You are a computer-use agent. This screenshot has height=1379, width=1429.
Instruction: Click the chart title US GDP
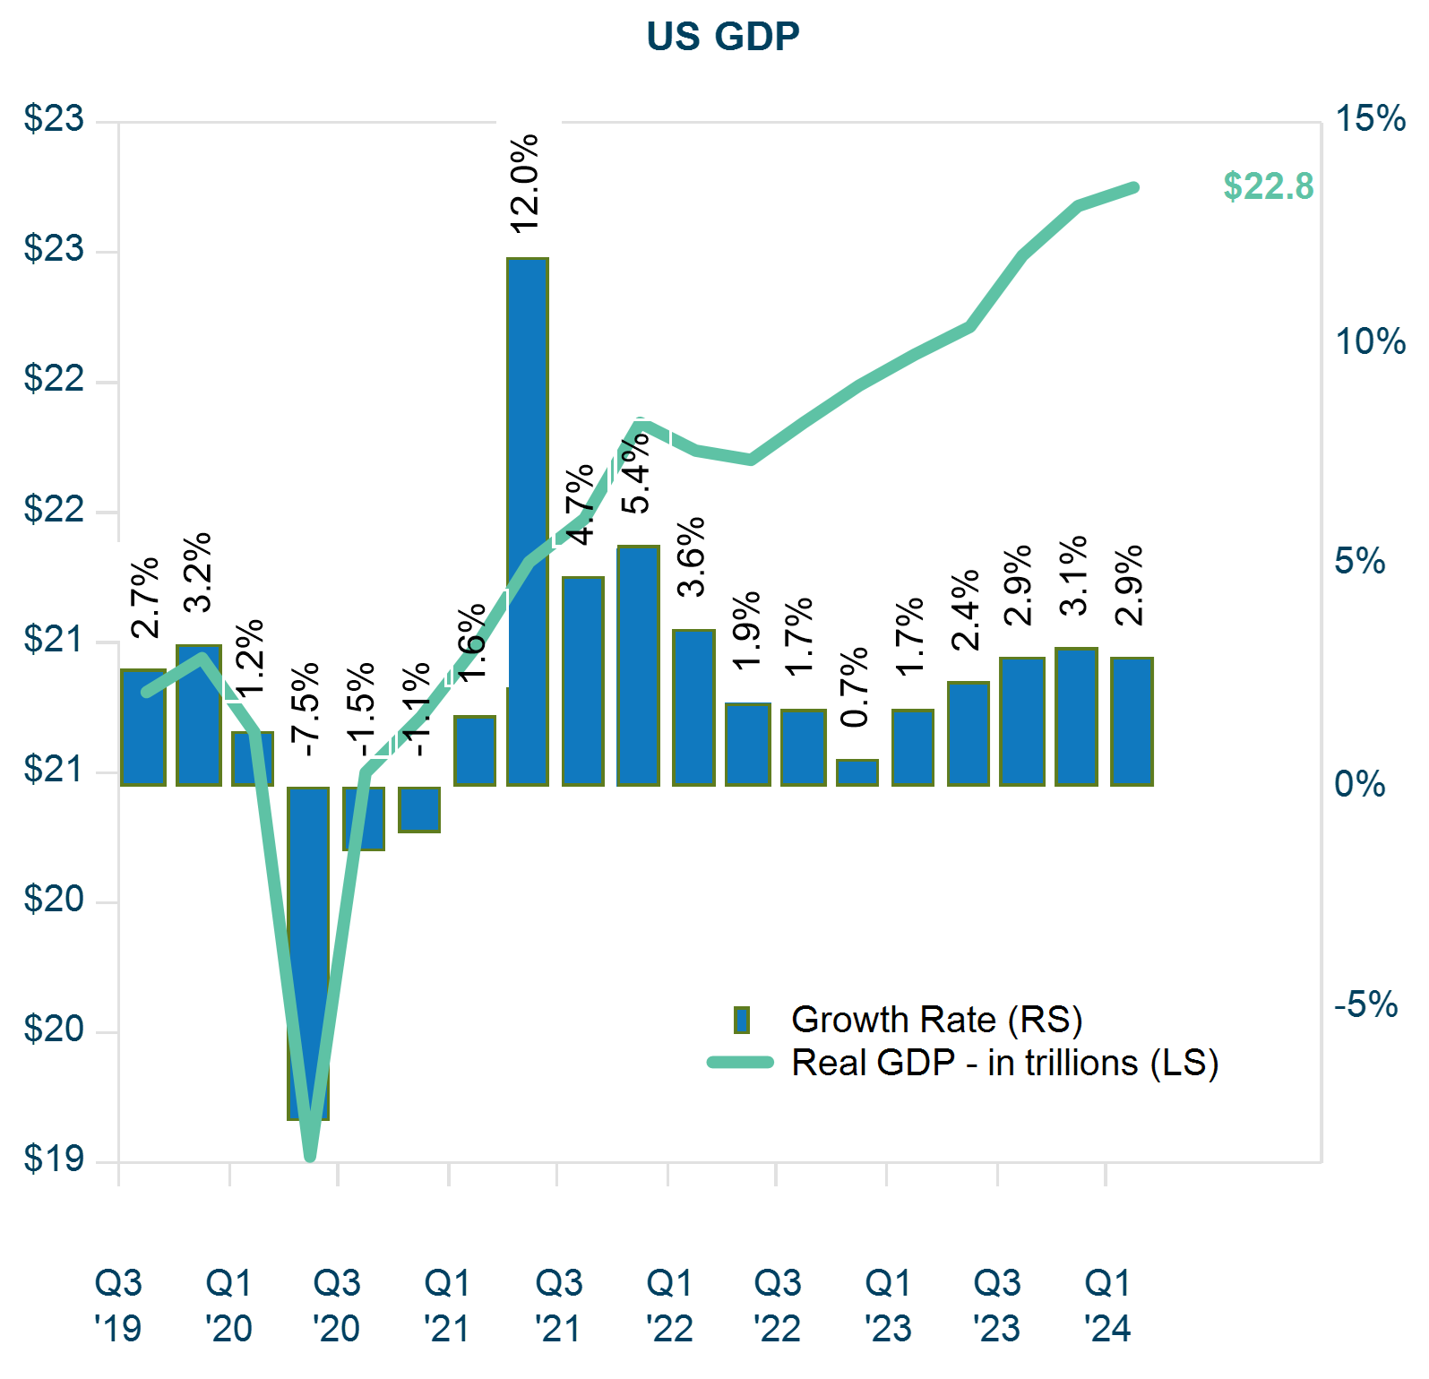click(722, 37)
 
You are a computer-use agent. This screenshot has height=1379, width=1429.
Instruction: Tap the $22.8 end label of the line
click(1268, 186)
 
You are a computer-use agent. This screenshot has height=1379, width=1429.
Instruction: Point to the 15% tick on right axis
click(1370, 119)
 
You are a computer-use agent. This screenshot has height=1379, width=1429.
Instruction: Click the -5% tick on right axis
click(1366, 1005)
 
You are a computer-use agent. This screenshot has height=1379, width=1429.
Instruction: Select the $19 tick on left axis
click(54, 1159)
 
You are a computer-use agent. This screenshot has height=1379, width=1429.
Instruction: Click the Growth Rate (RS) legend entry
click(936, 1020)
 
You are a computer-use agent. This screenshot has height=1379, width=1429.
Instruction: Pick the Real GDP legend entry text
click(1004, 1064)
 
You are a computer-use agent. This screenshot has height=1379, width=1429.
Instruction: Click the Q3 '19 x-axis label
click(118, 1306)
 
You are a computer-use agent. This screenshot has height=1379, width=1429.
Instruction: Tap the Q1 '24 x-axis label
click(1107, 1306)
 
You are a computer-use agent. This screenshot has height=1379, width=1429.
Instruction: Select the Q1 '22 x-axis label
click(669, 1306)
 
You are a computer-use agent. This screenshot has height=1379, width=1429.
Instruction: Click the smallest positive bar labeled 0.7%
click(857, 772)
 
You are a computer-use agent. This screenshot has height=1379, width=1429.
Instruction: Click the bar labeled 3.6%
click(693, 708)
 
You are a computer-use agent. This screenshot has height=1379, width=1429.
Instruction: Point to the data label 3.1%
click(1073, 575)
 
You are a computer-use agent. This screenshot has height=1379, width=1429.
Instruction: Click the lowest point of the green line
click(310, 1155)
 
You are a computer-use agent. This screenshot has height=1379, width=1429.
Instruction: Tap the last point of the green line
click(1133, 188)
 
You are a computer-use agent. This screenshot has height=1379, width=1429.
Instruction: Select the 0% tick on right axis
click(1359, 785)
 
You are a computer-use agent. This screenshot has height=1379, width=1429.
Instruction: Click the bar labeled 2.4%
click(968, 734)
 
